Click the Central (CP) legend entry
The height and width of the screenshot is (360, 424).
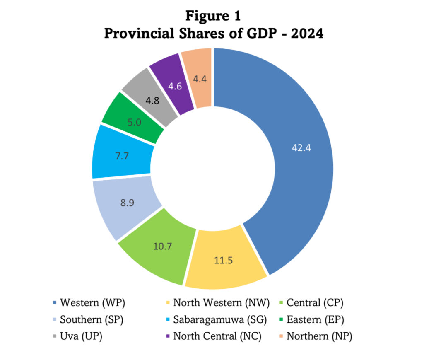click(x=315, y=302)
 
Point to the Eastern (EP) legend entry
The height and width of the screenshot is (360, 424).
click(x=315, y=319)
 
